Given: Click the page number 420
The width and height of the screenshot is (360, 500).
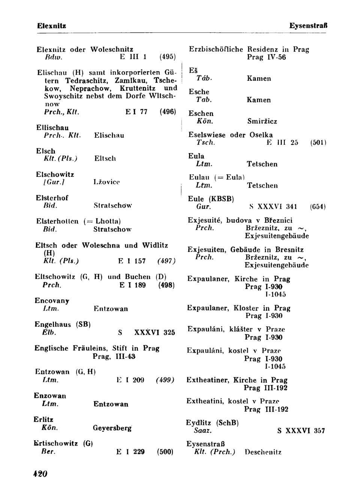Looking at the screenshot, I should (40, 474).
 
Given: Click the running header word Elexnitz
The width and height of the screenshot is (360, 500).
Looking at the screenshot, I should (52, 26).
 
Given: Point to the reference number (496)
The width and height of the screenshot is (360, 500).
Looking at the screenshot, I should (168, 112).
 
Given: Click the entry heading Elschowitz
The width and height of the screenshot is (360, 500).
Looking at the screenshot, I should (55, 175).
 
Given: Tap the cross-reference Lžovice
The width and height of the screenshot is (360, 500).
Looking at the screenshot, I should (106, 182).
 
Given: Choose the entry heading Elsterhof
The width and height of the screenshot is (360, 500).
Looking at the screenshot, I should (52, 198).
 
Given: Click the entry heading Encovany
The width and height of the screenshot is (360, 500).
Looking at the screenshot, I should (52, 301).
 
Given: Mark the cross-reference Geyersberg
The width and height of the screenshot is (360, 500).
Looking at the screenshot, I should (112, 428).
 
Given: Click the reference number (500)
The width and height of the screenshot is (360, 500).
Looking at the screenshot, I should (165, 452).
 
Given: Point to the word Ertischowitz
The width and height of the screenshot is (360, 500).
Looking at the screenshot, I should (56, 443).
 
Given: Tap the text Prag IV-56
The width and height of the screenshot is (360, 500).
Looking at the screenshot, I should (266, 57).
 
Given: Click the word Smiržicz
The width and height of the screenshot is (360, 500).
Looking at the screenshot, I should (262, 121).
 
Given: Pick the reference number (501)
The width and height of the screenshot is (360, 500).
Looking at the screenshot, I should (318, 143).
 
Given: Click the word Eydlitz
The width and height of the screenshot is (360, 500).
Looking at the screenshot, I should (199, 423).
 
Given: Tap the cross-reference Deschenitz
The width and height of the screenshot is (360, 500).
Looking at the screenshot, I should (262, 452).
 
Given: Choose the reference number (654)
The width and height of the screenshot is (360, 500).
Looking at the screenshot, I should (318, 206).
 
